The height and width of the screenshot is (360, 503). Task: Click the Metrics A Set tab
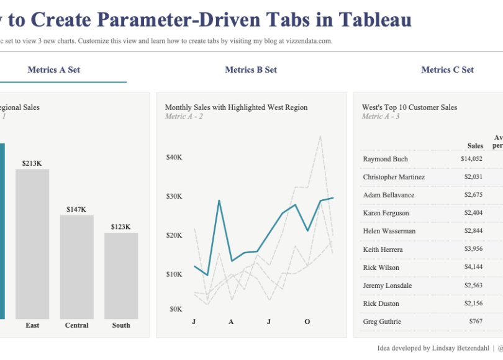pos(54,70)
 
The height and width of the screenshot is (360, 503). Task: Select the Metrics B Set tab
pos(251,70)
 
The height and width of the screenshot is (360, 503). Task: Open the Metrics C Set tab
pos(447,70)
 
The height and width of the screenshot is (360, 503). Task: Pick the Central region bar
pos(76,267)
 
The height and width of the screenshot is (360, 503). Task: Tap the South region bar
pos(121,276)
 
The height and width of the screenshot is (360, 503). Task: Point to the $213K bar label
pos(32,163)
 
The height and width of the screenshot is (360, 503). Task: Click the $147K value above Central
pos(76,210)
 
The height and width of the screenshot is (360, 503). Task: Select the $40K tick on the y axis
pos(174,158)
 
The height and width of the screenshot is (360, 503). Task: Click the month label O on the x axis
pos(307,322)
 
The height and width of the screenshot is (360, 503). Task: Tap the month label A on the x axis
pos(231,322)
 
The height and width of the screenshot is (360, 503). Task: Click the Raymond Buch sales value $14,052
pos(471,159)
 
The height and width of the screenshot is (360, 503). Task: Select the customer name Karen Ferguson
pos(386,213)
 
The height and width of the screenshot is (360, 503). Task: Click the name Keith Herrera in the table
pos(383,250)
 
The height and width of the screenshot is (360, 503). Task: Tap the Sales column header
pos(475,146)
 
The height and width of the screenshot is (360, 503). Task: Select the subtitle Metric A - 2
pos(184,117)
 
